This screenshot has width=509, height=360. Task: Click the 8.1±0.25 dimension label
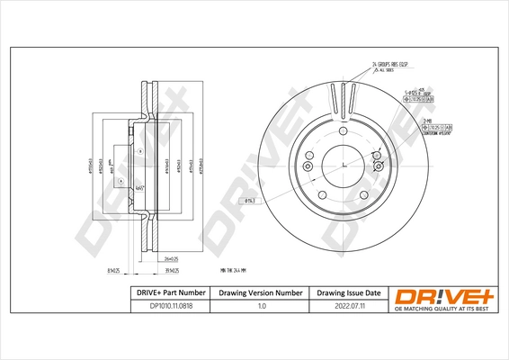point(113,270)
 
